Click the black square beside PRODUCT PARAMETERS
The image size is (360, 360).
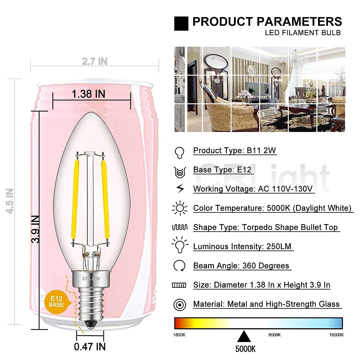181,24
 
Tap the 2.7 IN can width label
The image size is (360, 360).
94,61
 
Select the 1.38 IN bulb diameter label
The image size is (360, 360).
88,94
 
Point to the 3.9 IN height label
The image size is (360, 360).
36,229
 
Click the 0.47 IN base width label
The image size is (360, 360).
90,347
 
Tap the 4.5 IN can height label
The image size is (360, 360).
10,201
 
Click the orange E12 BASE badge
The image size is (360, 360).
56,301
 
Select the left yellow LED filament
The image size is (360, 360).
75,199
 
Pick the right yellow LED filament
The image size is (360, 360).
105,199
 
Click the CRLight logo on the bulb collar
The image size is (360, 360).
91,279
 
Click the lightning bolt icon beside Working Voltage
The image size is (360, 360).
180,189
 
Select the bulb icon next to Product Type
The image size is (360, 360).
179,152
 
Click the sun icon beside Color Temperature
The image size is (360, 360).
180,208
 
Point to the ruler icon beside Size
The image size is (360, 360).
179,285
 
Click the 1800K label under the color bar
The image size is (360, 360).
179,335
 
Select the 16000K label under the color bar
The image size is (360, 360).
336,335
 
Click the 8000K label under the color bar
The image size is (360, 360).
274,335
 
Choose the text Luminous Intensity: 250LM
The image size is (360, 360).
242,247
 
